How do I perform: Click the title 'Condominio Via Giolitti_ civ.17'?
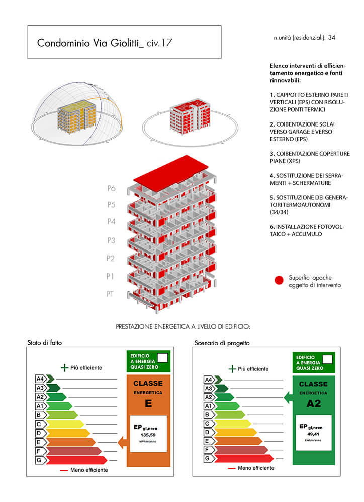click(x=105, y=43)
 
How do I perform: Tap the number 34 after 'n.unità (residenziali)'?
click(x=332, y=37)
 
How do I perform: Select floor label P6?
click(x=111, y=188)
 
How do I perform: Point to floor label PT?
click(x=110, y=294)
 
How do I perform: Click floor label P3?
click(x=111, y=240)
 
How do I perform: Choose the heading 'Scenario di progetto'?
click(x=222, y=343)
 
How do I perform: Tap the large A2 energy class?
click(x=314, y=402)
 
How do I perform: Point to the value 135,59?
click(x=148, y=435)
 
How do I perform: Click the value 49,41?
click(x=314, y=434)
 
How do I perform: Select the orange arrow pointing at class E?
click(x=121, y=442)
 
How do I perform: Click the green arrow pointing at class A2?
click(x=288, y=397)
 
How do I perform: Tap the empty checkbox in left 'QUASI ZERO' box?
click(x=162, y=358)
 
